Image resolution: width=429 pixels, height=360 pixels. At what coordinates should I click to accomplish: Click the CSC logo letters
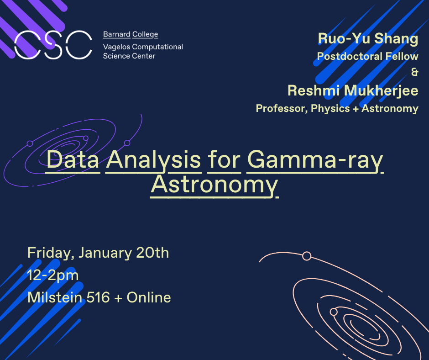(53, 45)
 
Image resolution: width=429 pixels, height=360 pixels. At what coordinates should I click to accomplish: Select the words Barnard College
(131, 35)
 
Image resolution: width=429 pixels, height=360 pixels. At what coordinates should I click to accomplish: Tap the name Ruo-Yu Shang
(368, 39)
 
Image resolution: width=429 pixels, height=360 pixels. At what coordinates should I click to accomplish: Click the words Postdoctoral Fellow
(367, 57)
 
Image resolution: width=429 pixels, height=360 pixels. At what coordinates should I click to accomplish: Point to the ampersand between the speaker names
(414, 72)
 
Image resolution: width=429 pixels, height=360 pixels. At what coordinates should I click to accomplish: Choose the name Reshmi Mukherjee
(353, 90)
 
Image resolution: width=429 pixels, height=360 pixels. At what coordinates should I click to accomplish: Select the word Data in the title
(73, 160)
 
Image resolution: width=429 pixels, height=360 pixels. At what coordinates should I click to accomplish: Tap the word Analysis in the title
(154, 160)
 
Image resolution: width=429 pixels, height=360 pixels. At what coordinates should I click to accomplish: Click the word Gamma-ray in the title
(315, 160)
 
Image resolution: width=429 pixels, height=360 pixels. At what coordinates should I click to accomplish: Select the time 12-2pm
(53, 275)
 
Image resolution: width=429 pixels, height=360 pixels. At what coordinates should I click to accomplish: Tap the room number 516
(98, 297)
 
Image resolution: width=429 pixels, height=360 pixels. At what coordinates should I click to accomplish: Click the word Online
(149, 297)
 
